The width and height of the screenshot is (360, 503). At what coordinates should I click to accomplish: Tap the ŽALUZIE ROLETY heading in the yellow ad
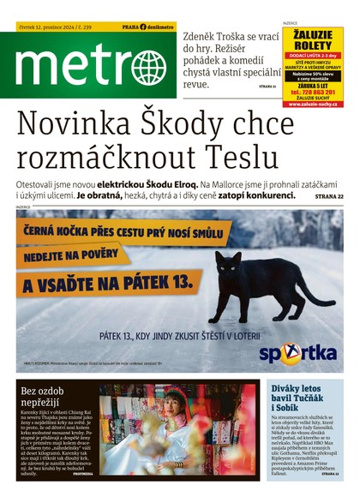[312, 39]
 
